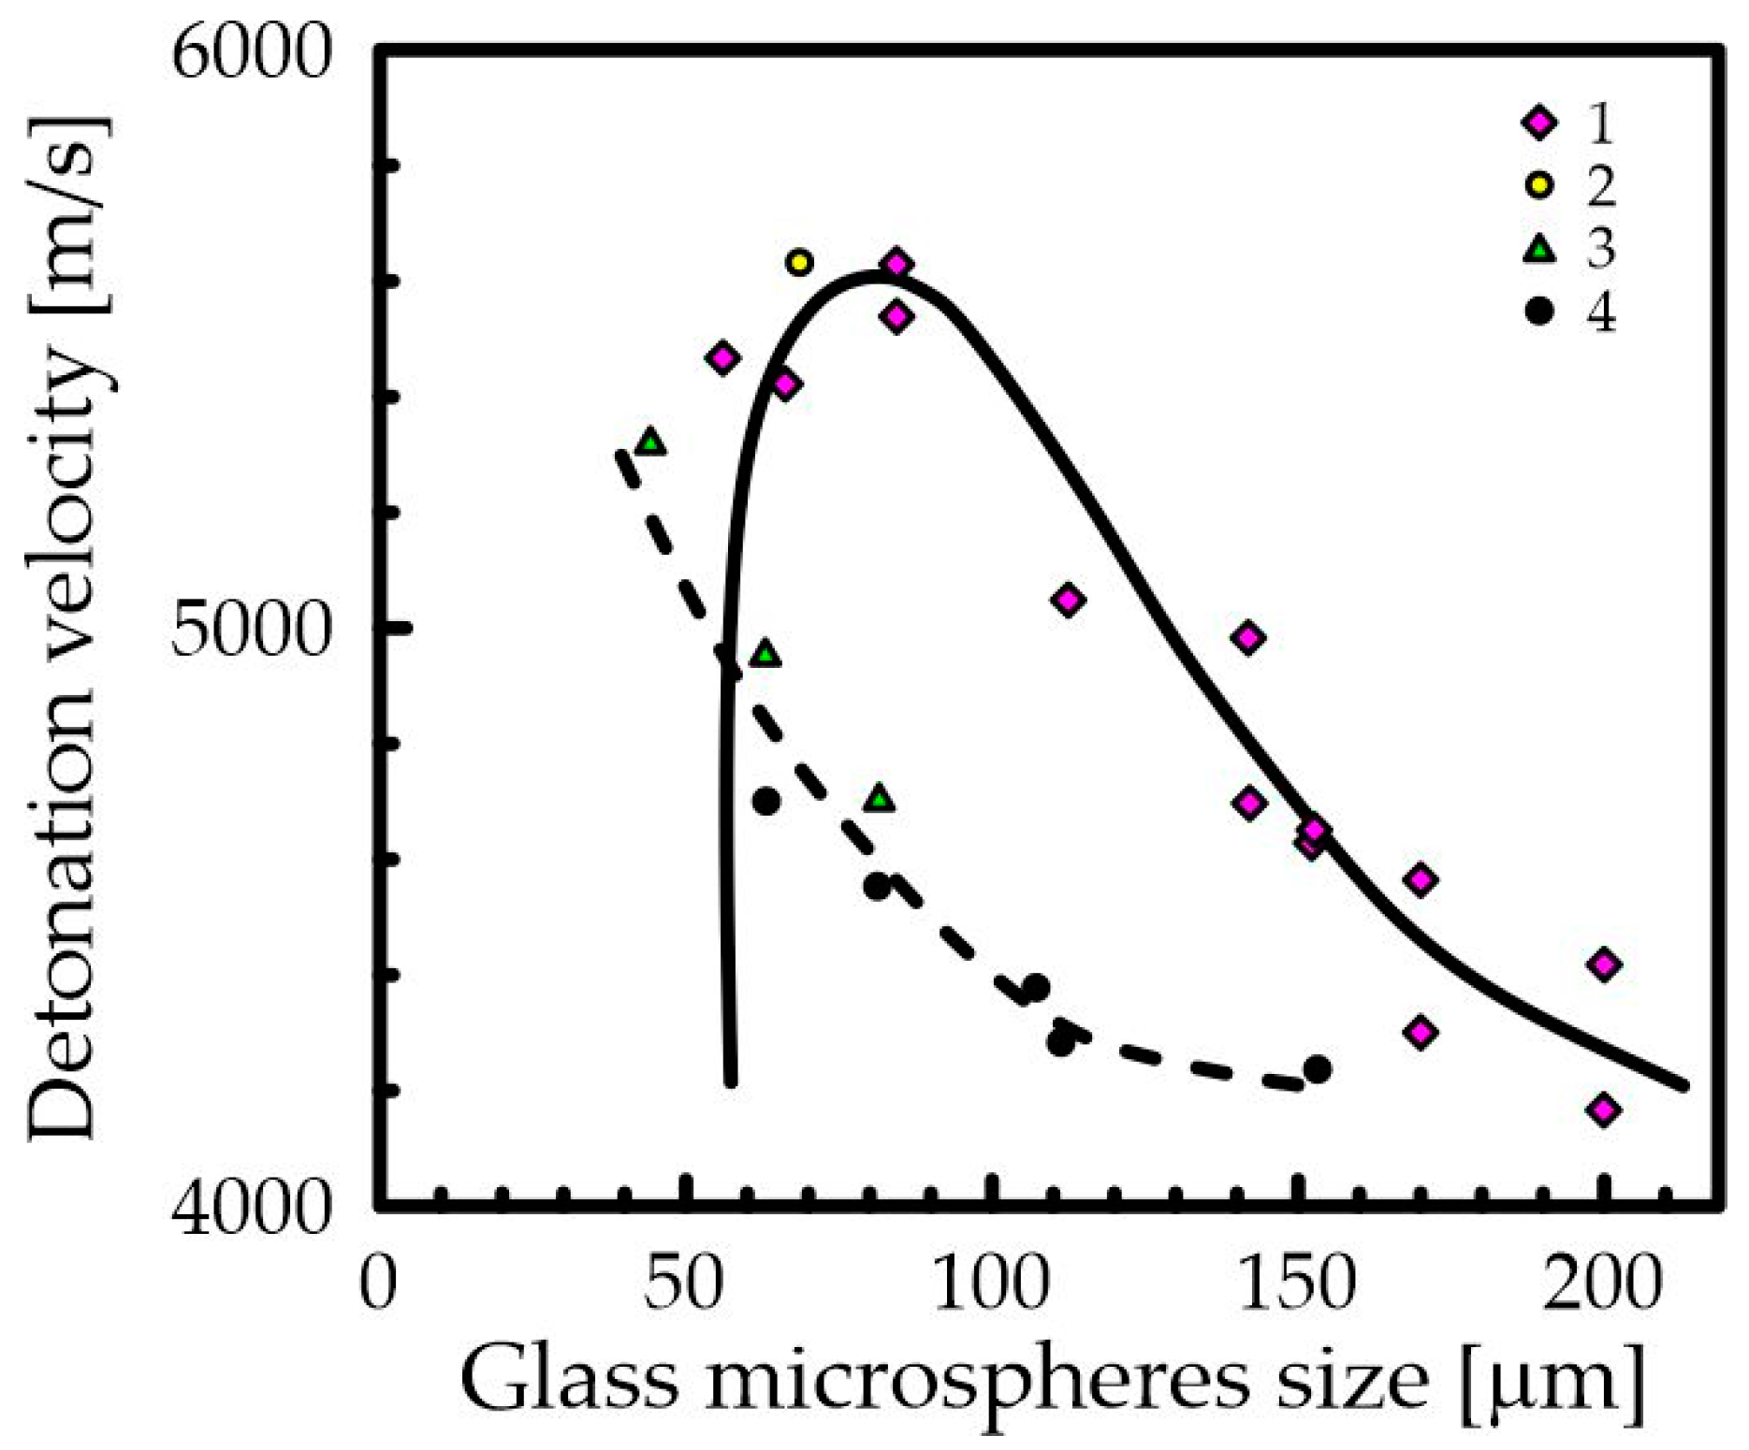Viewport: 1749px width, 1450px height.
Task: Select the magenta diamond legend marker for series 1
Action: coord(1539,123)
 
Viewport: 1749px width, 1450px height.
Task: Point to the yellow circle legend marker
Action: coord(1539,186)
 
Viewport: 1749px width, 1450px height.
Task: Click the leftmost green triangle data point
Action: coord(650,442)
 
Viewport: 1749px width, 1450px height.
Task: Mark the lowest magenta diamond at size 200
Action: coord(1604,1110)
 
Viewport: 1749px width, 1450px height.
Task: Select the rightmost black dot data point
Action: coord(1317,1069)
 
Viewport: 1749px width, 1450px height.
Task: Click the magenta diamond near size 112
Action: coord(1069,600)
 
